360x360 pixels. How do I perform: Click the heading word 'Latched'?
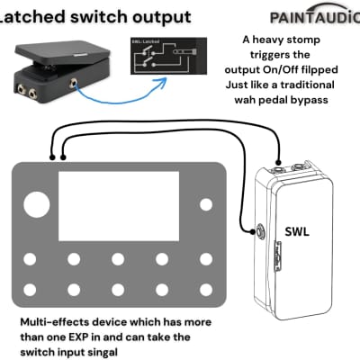37,16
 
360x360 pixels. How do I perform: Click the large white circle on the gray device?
36,204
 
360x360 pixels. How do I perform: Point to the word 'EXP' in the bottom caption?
123,337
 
